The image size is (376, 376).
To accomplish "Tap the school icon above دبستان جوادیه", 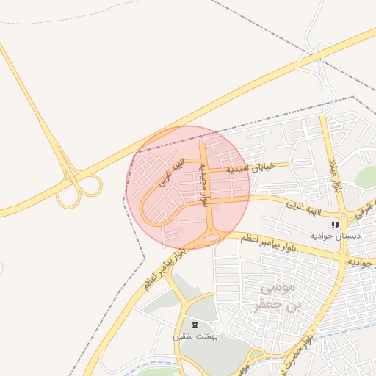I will click(336, 225).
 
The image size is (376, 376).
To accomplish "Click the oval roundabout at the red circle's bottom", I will click(210, 236).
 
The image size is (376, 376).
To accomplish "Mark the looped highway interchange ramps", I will click(79, 190).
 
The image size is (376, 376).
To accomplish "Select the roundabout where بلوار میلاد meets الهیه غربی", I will click(341, 214).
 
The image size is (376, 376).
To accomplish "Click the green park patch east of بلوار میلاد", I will click(365, 176).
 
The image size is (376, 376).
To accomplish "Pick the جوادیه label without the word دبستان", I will click(362, 263).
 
